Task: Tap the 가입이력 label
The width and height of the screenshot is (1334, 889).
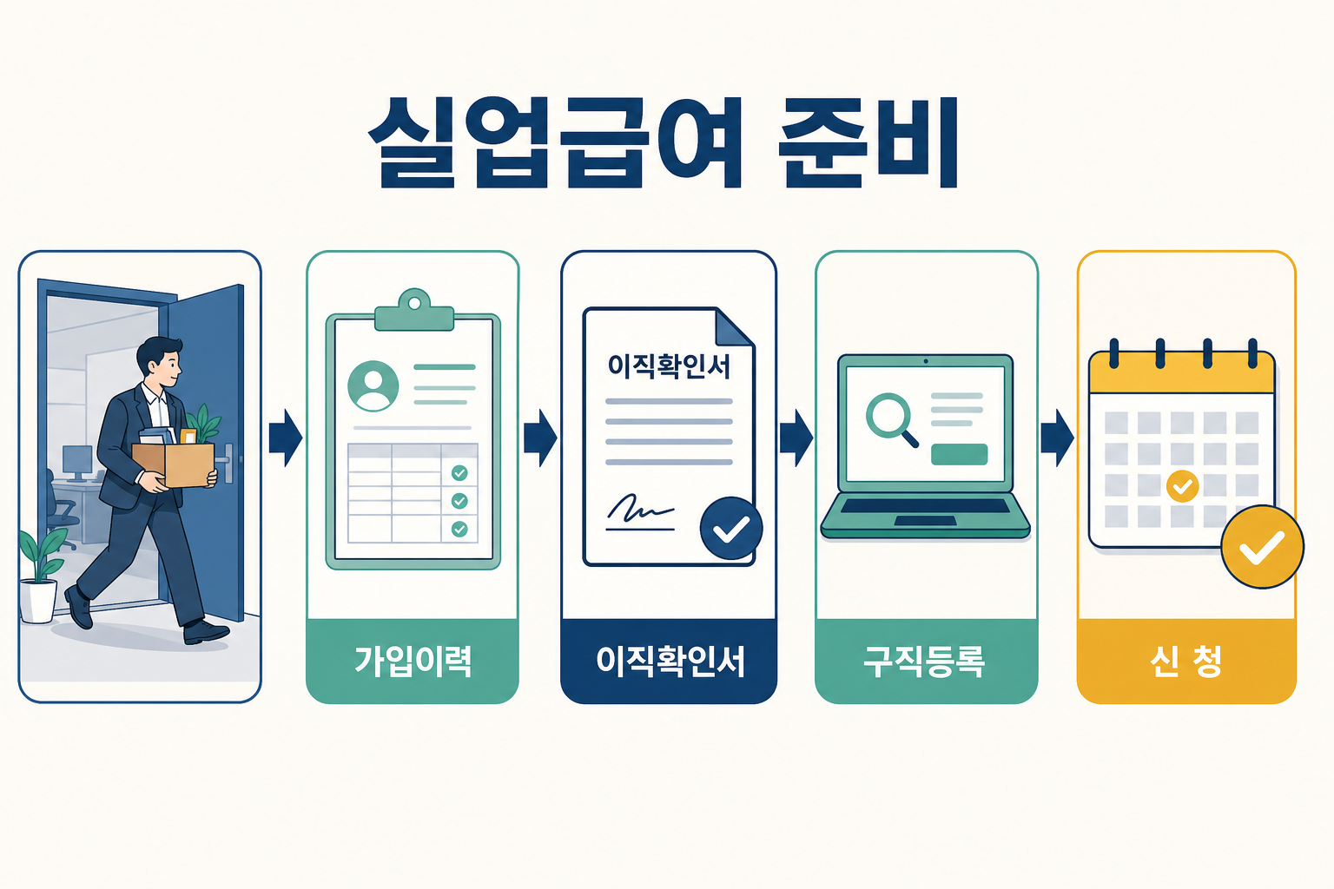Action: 413,661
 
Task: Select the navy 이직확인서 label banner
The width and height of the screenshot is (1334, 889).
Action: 669,661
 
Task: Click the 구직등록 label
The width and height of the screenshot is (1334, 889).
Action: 925,661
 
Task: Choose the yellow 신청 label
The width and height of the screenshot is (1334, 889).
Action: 1186,661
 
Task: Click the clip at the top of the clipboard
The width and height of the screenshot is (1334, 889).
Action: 414,310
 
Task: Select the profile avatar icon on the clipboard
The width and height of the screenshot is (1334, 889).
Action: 373,385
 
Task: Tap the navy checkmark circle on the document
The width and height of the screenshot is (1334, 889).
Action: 731,528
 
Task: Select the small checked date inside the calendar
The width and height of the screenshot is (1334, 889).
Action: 1182,486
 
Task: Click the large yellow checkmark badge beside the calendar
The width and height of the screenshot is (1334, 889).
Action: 1262,547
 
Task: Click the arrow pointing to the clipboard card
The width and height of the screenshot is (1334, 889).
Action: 286,438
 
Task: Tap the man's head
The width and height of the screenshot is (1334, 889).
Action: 159,363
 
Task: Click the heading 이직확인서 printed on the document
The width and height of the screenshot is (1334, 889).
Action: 669,365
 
